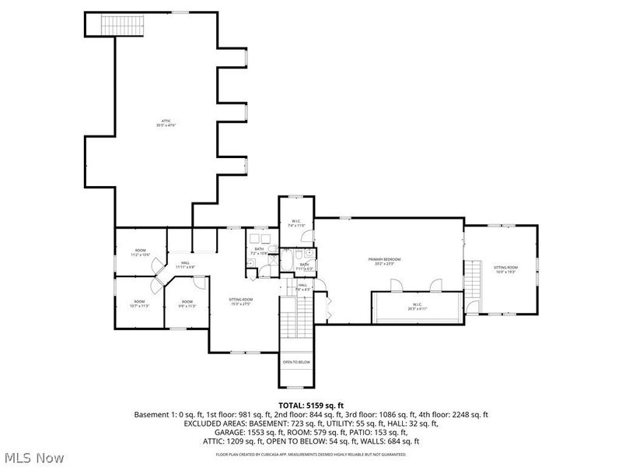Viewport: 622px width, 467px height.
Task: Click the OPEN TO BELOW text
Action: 296,362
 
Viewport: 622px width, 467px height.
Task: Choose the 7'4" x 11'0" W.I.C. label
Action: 297,223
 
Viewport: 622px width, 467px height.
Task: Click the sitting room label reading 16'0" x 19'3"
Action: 505,269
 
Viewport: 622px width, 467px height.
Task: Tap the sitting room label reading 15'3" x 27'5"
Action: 240,301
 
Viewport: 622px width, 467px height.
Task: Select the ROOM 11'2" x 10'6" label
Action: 139,252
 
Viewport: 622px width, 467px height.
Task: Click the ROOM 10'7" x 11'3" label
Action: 139,303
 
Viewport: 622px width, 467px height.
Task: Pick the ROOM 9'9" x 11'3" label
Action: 187,304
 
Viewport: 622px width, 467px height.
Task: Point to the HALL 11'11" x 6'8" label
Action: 185,265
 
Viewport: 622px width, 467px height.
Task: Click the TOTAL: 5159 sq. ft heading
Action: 311,406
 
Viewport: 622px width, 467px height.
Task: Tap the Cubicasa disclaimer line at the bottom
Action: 311,454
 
